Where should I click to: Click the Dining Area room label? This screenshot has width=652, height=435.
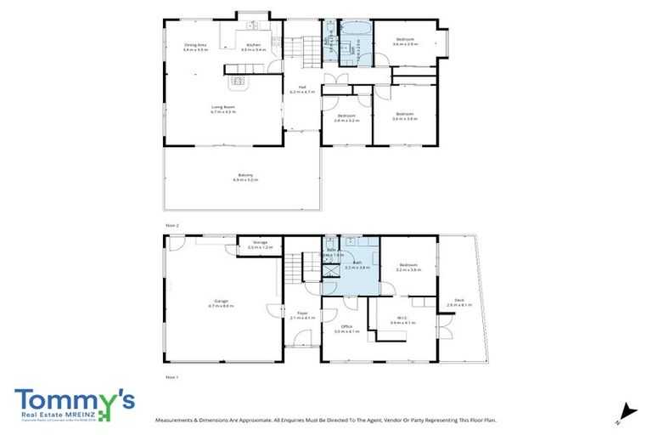tap(195, 48)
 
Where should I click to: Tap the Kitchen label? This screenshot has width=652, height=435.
tap(253, 48)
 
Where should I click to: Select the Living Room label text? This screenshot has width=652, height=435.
tap(222, 109)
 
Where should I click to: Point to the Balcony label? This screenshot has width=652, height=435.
tap(244, 177)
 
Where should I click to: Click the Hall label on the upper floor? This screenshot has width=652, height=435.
tap(301, 88)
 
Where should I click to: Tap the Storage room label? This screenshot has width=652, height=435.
tap(260, 244)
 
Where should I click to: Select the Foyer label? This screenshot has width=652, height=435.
tap(302, 314)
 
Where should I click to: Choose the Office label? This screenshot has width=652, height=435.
tap(346, 328)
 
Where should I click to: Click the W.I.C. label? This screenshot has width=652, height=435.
tap(401, 321)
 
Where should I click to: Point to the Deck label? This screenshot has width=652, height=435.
tap(459, 302)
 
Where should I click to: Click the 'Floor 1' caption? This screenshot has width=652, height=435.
tap(172, 375)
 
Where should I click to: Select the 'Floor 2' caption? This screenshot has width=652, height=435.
tap(172, 225)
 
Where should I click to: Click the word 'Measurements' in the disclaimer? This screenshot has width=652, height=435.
tap(179, 420)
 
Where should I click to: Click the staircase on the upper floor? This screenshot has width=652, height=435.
tap(301, 51)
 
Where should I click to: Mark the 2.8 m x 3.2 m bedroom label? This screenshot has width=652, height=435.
tap(346, 118)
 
